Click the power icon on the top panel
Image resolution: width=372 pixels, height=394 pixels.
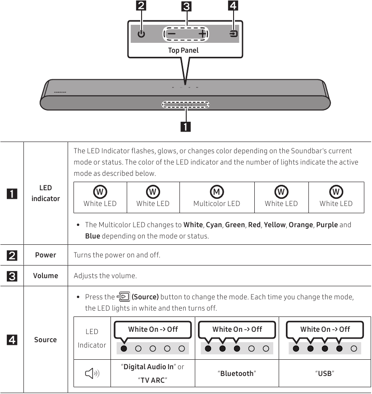pyautogui.click(x=142, y=34)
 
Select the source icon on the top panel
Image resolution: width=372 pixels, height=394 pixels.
pyautogui.click(x=233, y=34)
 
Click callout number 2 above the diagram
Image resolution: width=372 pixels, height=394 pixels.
pyautogui.click(x=142, y=6)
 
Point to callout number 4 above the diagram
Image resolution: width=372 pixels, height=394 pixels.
pyautogui.click(x=233, y=6)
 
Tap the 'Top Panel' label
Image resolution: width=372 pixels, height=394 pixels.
pyautogui.click(x=183, y=50)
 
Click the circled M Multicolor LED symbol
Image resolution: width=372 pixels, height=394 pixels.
pyautogui.click(x=217, y=192)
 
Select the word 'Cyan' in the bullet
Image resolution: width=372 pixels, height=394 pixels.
pyautogui.click(x=214, y=224)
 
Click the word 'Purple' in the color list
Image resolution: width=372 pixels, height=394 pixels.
pyautogui.click(x=327, y=224)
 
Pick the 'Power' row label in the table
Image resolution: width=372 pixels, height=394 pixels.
pyautogui.click(x=46, y=255)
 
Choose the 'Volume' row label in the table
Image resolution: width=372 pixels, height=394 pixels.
pyautogui.click(x=46, y=275)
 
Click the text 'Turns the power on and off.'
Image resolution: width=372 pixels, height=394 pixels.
pyautogui.click(x=117, y=255)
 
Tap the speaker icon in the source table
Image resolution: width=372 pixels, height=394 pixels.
pyautogui.click(x=92, y=373)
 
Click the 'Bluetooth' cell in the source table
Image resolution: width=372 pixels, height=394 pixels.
pyautogui.click(x=237, y=373)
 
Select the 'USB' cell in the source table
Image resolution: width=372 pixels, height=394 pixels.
pyautogui.click(x=325, y=373)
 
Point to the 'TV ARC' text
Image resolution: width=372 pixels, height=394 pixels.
pyautogui.click(x=152, y=380)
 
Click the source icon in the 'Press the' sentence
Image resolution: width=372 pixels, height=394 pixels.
pyautogui.click(x=123, y=297)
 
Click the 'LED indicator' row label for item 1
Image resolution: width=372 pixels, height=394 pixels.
pyautogui.click(x=46, y=193)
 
